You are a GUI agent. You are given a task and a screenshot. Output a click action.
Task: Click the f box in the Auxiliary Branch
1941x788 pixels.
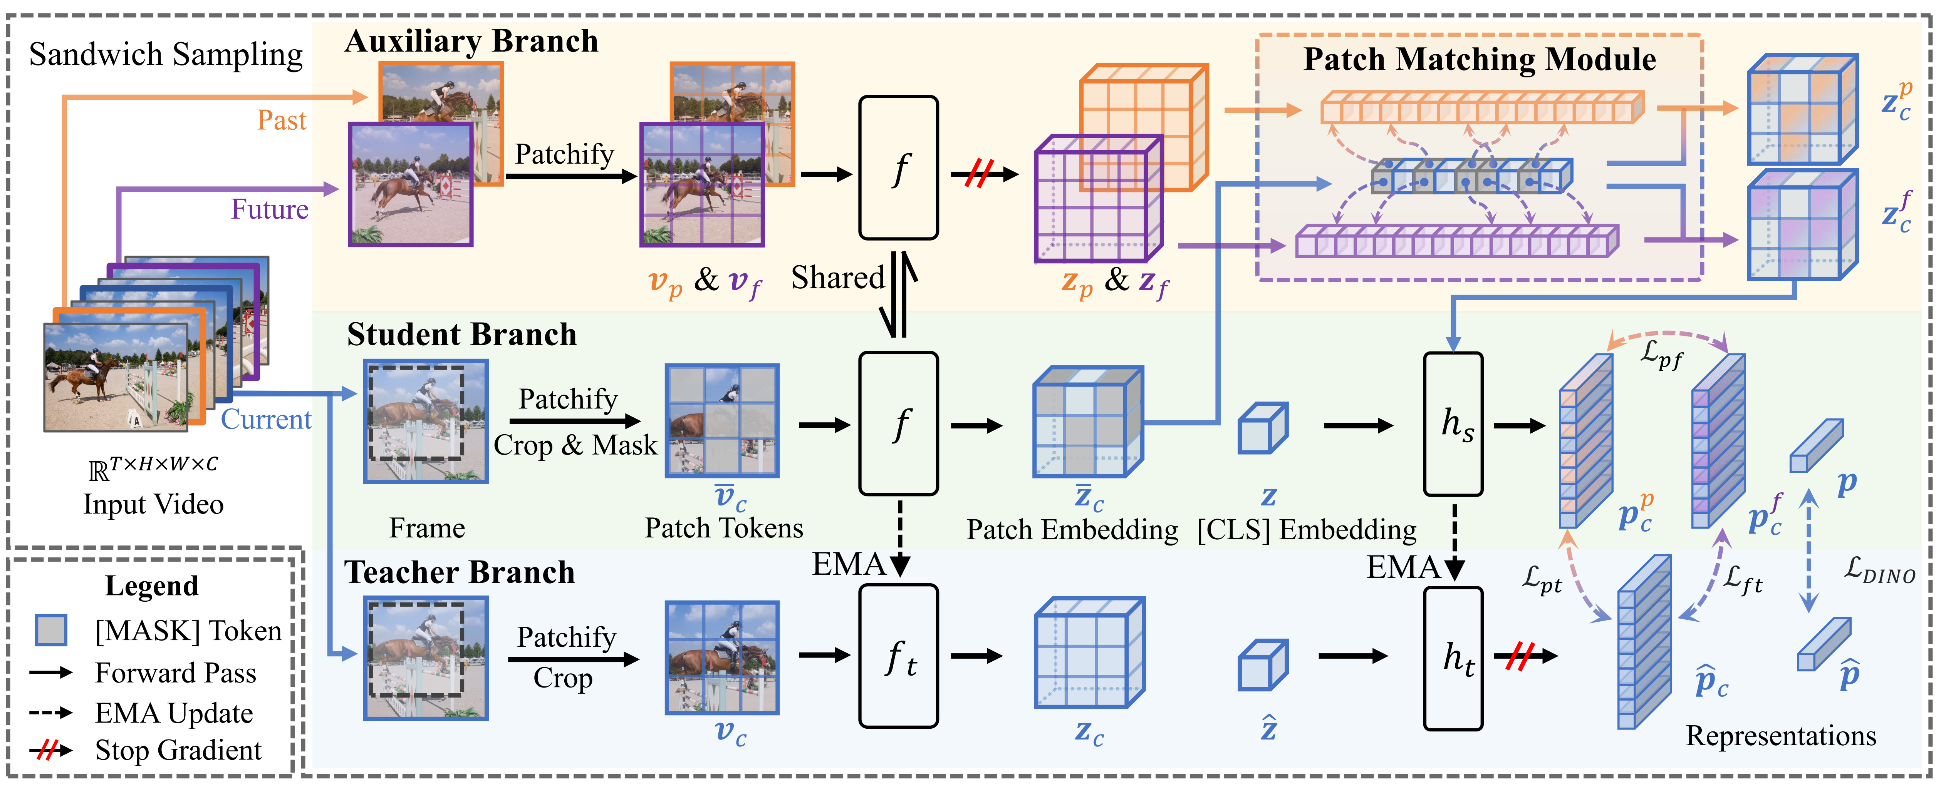point(898,168)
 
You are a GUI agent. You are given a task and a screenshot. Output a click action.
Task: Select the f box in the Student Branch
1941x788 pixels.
point(898,423)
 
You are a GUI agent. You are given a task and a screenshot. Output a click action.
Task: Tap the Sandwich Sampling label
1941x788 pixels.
point(166,55)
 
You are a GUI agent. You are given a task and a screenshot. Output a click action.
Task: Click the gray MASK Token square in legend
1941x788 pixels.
point(51,630)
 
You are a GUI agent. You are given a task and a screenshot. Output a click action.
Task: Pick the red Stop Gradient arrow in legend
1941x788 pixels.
point(50,750)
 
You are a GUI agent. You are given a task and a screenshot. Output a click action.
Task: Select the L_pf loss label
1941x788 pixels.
point(1661,354)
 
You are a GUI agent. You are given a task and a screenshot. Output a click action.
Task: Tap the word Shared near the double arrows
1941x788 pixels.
point(837,278)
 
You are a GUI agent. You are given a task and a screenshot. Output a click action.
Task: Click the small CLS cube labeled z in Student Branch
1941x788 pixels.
point(1263,428)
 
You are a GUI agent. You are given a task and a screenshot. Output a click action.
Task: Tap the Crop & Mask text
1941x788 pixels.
point(575,445)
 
